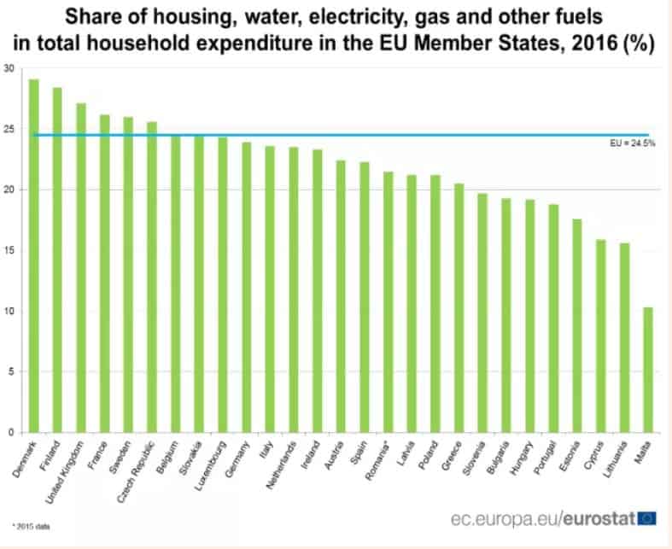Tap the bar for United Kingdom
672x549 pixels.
(81, 268)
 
